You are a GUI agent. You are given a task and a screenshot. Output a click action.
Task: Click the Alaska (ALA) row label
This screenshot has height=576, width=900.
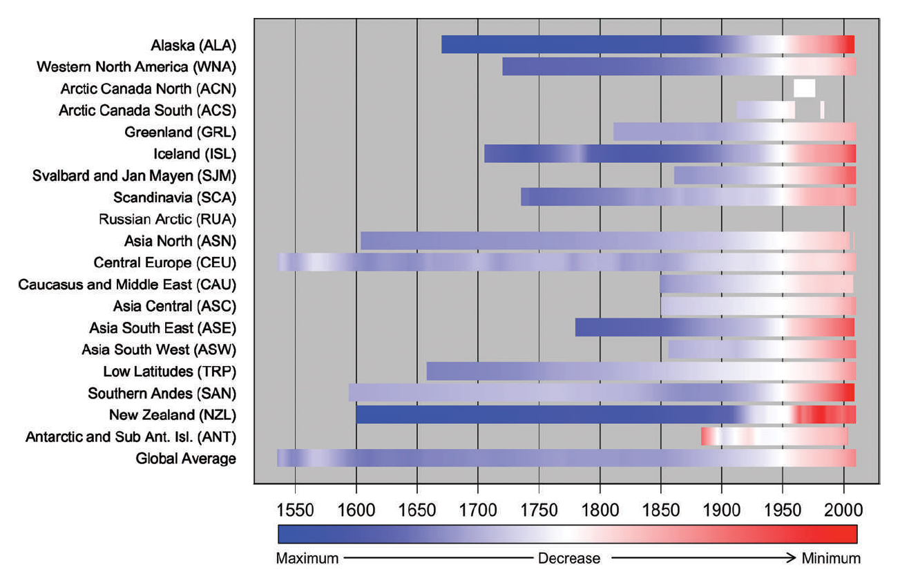(x=193, y=46)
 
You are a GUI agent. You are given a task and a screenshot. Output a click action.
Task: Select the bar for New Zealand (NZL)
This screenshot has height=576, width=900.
(x=606, y=414)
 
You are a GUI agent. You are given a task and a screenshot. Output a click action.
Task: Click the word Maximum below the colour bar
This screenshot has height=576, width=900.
(x=307, y=558)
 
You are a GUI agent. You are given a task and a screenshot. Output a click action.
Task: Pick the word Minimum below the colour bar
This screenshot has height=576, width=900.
(x=831, y=558)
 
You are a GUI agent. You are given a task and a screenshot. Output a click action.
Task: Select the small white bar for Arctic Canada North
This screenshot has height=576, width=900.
(x=804, y=88)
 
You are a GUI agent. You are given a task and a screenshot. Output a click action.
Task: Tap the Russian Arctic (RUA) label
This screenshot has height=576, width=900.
(x=167, y=220)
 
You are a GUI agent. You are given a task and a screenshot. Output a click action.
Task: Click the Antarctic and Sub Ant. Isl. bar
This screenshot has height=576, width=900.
(x=774, y=436)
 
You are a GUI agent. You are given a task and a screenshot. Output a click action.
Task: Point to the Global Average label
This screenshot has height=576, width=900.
(x=186, y=458)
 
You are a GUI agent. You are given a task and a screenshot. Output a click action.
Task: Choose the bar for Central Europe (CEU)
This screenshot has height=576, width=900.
(x=566, y=262)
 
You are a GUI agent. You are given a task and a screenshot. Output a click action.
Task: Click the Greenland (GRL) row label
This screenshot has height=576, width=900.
(x=180, y=132)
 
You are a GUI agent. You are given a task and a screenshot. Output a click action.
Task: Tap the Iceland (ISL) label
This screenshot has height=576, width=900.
(x=195, y=153)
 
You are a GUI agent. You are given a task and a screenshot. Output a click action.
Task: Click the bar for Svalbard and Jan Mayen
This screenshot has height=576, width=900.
(x=765, y=175)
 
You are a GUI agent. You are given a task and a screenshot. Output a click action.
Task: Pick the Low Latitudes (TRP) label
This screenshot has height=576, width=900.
(x=170, y=372)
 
